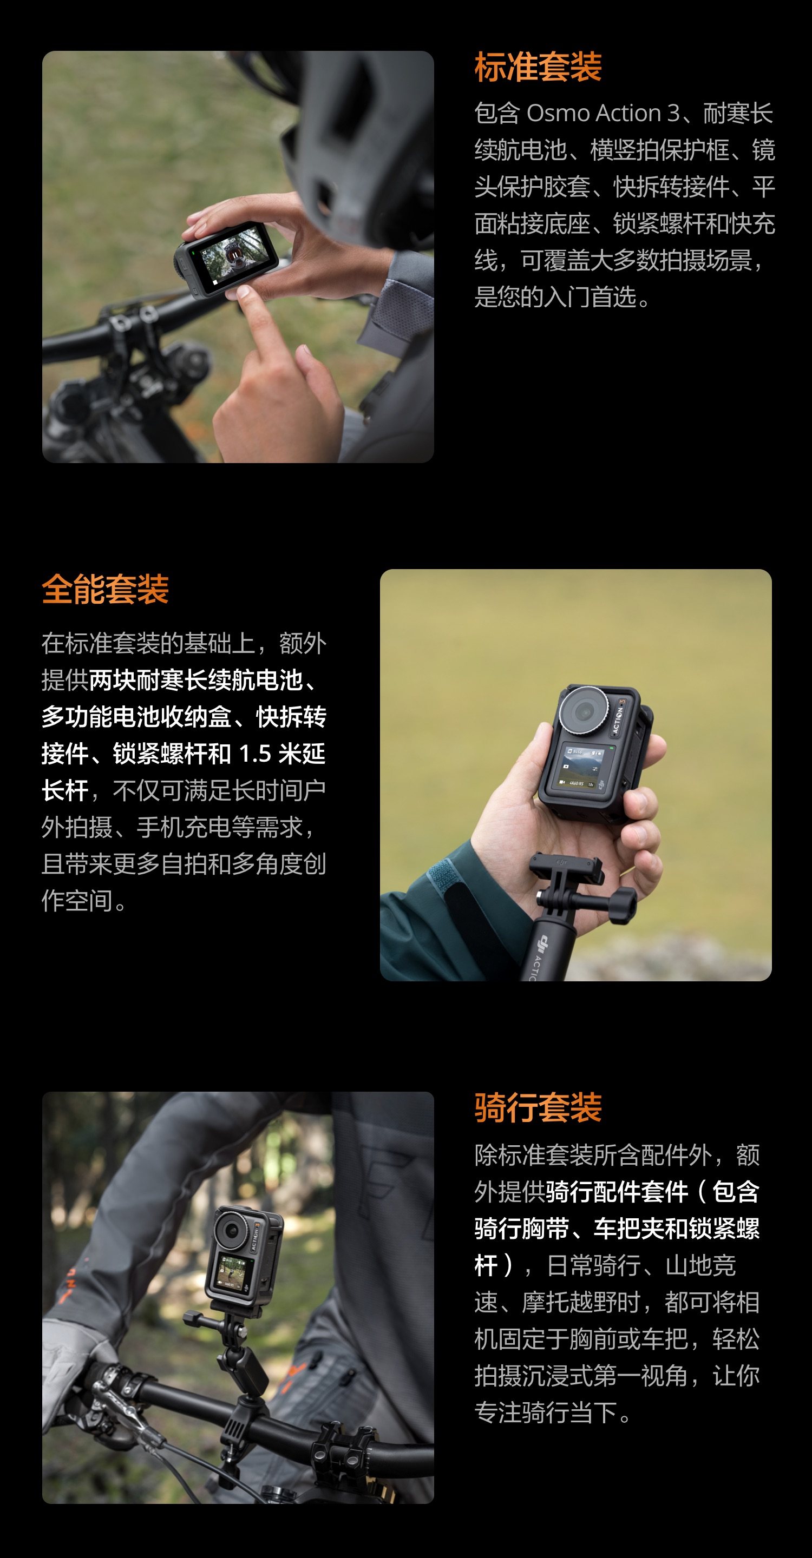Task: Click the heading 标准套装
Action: click(538, 67)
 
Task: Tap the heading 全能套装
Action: click(105, 589)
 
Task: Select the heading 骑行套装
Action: click(538, 1107)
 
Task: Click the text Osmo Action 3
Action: click(603, 113)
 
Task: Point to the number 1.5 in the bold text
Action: click(255, 754)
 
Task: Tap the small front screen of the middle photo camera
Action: click(580, 767)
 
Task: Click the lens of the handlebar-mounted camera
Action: click(232, 1230)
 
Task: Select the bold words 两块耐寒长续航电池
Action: click(195, 681)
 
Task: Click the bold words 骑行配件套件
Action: click(617, 1192)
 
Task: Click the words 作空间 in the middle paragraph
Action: click(77, 901)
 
